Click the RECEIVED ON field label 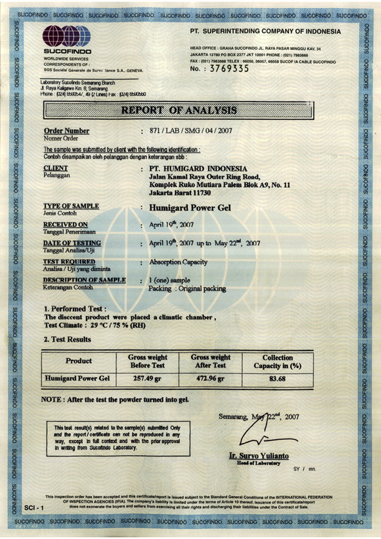pos(65,224)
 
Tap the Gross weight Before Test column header pos(148,361)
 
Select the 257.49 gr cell pos(148,378)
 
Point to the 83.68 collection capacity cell pos(277,378)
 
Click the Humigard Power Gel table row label pos(78,378)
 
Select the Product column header pos(78,361)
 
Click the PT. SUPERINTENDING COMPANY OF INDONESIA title pos(266,31)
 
